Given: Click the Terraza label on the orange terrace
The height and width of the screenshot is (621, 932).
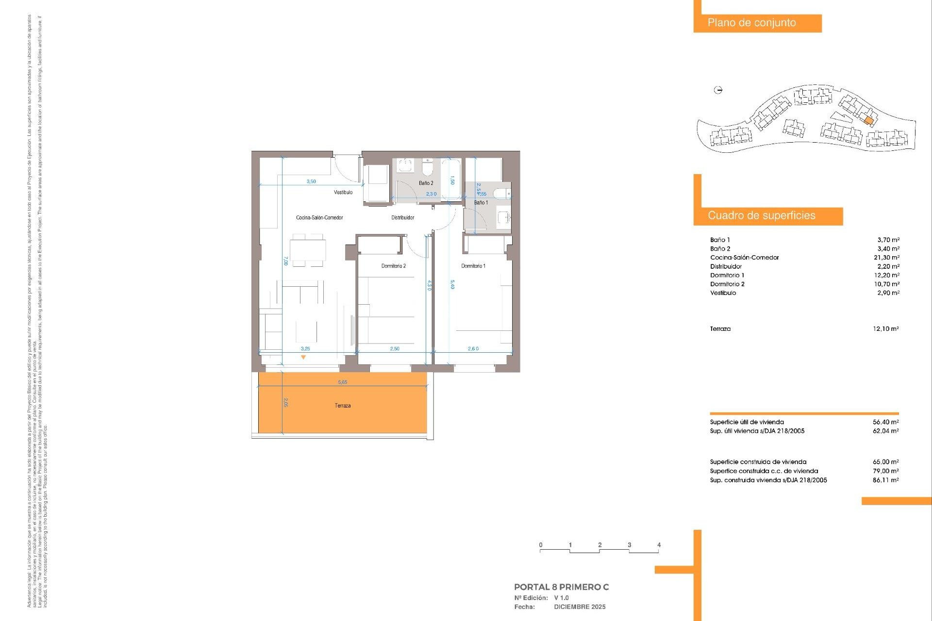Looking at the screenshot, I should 342,406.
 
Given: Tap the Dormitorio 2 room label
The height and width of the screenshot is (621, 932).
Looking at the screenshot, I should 393,266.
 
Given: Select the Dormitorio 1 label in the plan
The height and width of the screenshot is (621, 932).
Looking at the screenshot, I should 473,266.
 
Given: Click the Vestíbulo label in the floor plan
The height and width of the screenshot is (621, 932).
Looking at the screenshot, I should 343,192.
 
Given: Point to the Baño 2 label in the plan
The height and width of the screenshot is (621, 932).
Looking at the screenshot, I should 426,183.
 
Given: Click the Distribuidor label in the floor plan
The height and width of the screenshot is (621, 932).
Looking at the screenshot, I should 402,217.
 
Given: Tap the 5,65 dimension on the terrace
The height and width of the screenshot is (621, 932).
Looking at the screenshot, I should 342,382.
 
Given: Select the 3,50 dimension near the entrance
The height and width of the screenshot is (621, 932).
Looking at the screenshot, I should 311,181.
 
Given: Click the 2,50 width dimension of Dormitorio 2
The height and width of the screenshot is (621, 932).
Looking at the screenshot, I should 395,348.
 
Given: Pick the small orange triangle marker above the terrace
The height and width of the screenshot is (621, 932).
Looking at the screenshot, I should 303,358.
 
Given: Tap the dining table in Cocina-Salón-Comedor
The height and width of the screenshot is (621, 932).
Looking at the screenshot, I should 308,250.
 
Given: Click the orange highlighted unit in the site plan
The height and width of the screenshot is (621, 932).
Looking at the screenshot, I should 869,120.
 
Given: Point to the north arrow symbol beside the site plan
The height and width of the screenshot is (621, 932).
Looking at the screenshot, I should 718,90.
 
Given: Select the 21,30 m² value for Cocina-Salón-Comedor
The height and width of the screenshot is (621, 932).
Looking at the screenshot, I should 886,258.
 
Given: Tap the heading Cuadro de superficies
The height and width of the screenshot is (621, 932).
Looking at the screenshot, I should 761,215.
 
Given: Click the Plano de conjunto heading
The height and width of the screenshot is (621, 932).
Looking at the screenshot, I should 751,23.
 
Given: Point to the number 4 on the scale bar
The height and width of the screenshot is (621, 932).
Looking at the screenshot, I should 659,545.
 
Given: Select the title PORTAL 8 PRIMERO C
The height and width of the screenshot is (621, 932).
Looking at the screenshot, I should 561,587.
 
